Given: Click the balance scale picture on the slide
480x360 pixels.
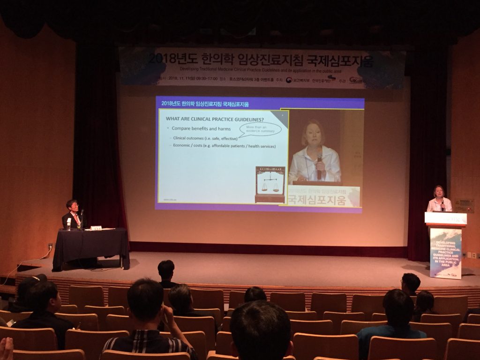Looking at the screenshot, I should (x=270, y=184).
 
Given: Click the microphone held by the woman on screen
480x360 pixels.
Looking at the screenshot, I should (x=320, y=166).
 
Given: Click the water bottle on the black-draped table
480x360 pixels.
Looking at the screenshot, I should (x=69, y=224).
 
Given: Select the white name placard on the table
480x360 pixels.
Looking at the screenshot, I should (x=96, y=228).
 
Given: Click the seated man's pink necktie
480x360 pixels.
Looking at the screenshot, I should (x=75, y=219).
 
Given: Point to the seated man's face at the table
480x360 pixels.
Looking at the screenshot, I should (x=73, y=207).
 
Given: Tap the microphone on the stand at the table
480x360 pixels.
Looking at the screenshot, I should (x=82, y=213).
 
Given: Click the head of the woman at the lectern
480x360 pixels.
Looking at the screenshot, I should (x=439, y=192).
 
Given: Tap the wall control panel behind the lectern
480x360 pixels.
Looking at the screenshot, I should (x=464, y=205).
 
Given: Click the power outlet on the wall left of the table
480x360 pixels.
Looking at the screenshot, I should (x=50, y=246).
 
